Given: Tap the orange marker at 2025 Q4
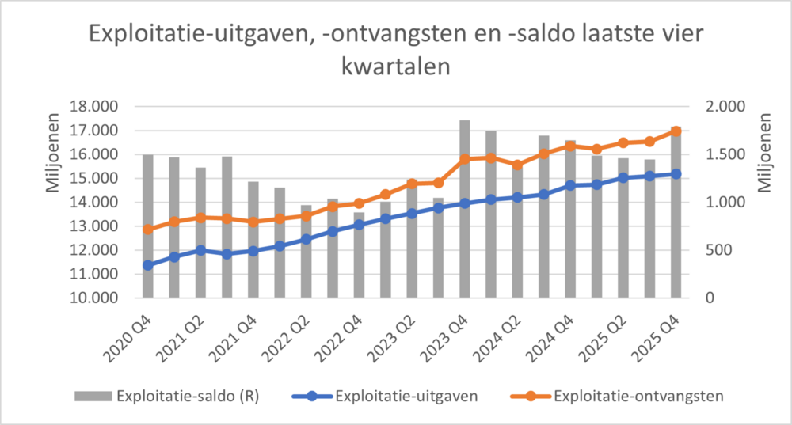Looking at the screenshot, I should coord(676,131).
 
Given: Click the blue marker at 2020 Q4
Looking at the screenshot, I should coord(148,265).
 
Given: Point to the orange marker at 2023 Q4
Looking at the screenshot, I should coord(465,159).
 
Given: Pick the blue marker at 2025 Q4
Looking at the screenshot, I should coord(676,173).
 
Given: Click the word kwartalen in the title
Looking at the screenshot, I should coord(395,66).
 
